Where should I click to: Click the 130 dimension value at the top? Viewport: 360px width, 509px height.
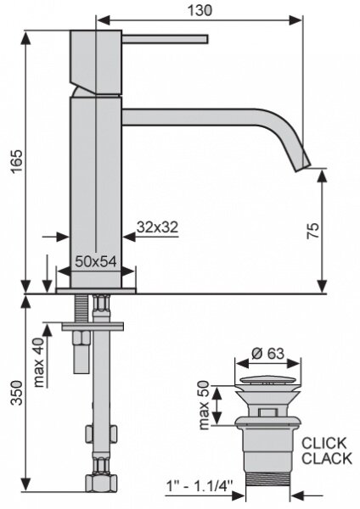[x=200, y=10]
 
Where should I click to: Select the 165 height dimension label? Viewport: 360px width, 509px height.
[x=17, y=161]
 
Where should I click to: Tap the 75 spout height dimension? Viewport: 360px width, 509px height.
[x=313, y=231]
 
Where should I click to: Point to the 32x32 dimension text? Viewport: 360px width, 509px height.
[x=158, y=227]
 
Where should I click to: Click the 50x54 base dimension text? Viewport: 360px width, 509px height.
[x=96, y=261]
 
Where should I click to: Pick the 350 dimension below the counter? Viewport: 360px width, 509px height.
[x=17, y=393]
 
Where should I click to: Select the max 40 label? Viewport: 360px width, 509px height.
[x=39, y=362]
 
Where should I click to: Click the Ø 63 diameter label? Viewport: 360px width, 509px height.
[x=267, y=354]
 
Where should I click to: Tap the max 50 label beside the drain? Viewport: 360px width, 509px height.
[x=204, y=406]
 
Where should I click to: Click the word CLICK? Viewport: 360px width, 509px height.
[x=324, y=443]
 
